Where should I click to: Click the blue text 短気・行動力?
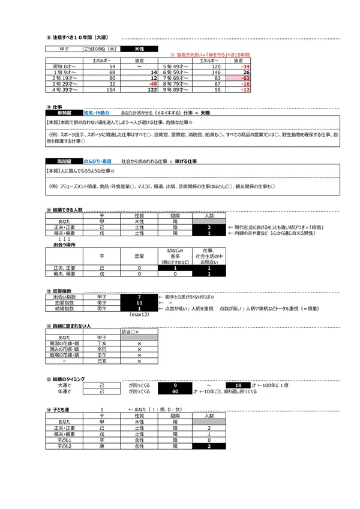[x=96, y=112]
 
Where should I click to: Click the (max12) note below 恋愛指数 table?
[x=139, y=315]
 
